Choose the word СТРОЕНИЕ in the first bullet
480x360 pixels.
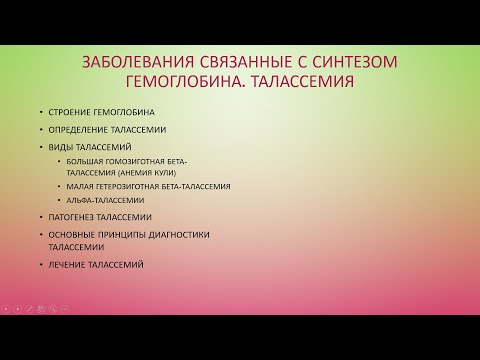[x=70, y=113]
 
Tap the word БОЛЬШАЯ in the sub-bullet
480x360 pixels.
[x=86, y=161]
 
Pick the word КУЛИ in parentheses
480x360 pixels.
[x=168, y=172]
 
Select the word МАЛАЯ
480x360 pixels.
[x=81, y=186]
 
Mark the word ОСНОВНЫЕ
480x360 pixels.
[x=72, y=234]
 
